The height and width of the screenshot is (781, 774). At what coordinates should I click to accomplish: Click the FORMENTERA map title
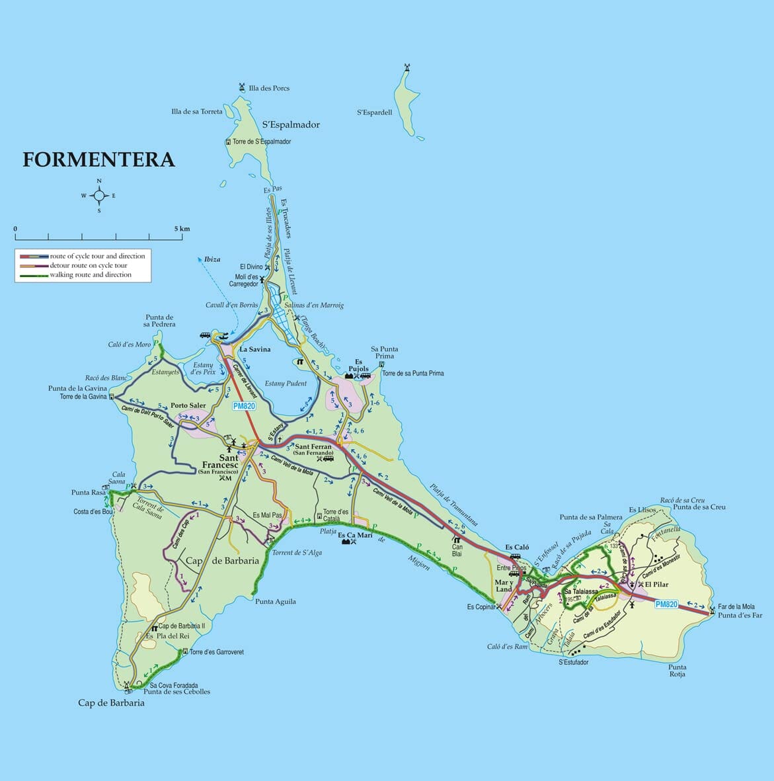99,160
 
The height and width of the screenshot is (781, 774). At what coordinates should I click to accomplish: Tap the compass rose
98,196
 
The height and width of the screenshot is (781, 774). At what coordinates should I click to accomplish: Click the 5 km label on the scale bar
182,229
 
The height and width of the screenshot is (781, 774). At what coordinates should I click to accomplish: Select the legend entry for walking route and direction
91,275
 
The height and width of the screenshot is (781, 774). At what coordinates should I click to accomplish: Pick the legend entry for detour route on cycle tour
89,266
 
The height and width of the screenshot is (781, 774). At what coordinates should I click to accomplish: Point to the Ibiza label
212,259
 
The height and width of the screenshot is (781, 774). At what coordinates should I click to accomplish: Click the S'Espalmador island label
291,124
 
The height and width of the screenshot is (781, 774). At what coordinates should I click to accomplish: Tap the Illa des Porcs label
268,88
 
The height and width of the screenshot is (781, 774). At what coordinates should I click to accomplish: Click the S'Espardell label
374,112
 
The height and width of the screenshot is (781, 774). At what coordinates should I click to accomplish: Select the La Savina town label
254,349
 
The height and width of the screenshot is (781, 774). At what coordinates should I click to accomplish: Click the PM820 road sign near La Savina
244,406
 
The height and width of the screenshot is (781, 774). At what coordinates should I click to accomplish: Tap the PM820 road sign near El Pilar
666,604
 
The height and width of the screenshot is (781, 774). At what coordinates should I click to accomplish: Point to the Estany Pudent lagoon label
286,384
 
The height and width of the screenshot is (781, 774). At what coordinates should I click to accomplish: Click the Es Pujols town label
358,366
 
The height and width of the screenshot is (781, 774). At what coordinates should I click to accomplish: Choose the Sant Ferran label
313,448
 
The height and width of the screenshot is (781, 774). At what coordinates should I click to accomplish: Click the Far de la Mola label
736,606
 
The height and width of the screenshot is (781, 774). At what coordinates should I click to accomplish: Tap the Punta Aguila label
276,602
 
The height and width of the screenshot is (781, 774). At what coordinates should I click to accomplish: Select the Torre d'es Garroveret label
216,652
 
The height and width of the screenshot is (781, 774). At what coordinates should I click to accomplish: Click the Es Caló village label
517,547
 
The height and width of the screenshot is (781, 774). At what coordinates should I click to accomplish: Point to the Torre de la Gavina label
83,397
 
